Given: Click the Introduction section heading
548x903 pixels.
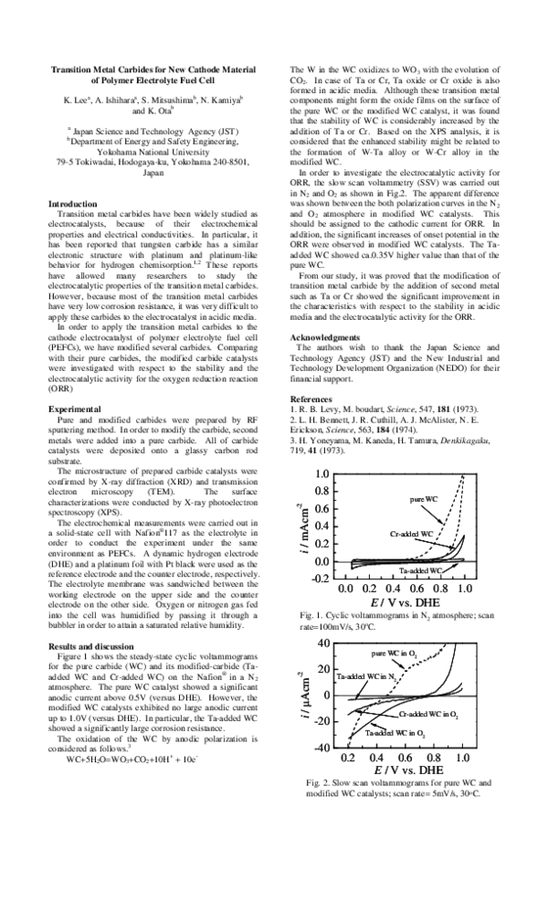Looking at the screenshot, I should [x=72, y=204].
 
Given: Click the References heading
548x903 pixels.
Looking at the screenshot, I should [x=313, y=399].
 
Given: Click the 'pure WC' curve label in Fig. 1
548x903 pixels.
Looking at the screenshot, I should [x=425, y=499].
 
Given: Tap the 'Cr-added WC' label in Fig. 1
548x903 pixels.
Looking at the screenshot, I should [x=412, y=533].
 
